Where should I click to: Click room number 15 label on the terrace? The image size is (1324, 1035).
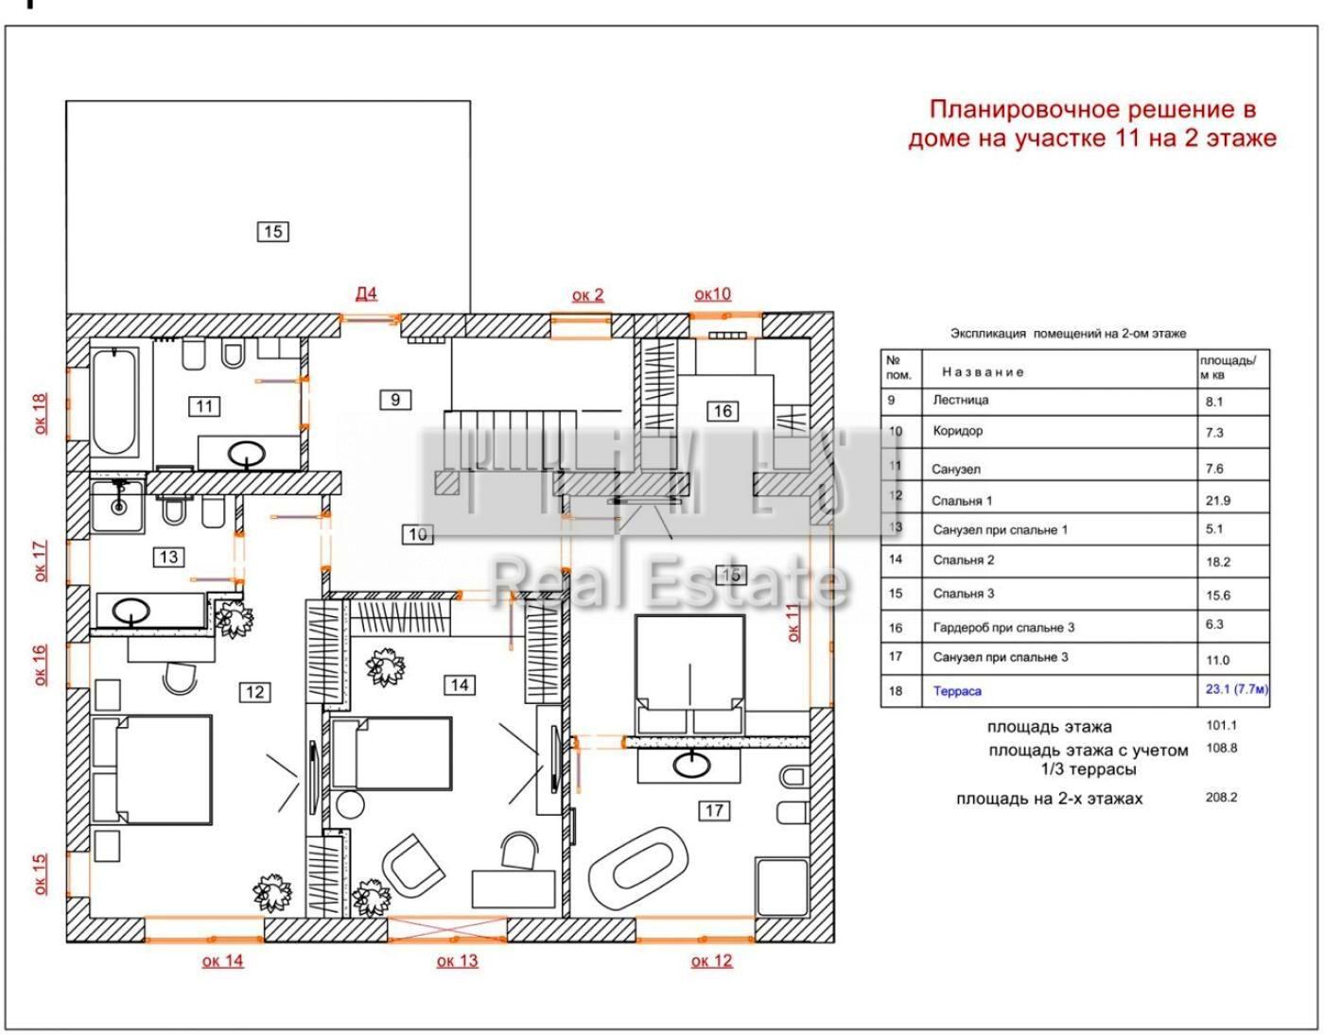272,231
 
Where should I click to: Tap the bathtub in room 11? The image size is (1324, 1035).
114,402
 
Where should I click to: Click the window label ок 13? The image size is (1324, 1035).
458,960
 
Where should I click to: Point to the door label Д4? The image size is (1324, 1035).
366,293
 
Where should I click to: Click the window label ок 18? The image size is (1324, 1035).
40,414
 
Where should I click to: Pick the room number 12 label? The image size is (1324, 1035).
254,692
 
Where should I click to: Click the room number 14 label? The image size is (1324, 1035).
460,684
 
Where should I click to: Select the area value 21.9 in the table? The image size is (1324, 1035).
1219,500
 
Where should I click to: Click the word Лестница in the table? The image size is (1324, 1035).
961,400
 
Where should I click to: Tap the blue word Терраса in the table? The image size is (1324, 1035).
957,691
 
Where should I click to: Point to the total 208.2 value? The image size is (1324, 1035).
1221,797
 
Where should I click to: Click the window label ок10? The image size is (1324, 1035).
712,294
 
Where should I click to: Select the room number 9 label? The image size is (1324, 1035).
395,399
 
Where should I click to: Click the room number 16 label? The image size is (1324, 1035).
723,410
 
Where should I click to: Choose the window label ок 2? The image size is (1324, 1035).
587,295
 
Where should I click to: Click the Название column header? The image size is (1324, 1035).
983,371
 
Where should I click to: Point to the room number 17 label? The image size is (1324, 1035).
713,809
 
